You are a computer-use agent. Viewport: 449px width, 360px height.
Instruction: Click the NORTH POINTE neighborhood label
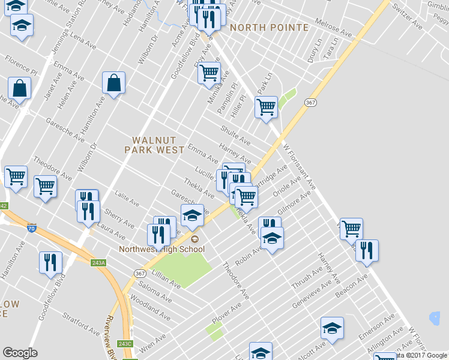coord(270,28)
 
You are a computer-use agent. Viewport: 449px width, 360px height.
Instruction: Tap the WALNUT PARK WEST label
coord(154,145)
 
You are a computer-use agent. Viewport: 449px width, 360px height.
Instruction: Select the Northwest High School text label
coord(162,250)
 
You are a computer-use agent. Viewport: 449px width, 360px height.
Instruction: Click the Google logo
coord(20,353)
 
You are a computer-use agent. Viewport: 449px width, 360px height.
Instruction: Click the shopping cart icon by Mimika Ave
coord(209,73)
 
